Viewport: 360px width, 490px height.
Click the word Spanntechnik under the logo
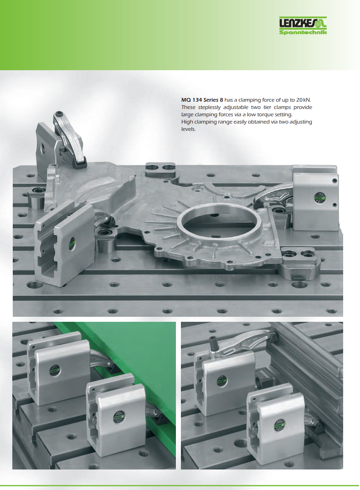coord(303,32)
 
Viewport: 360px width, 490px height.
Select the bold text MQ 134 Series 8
coord(202,100)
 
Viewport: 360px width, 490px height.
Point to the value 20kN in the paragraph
coord(303,100)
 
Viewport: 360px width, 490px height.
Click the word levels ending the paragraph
coord(189,129)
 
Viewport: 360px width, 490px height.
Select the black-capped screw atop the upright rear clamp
coord(58,114)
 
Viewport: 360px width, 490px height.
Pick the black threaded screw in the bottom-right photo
coord(214,343)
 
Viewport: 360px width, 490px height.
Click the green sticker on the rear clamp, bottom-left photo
coord(55,371)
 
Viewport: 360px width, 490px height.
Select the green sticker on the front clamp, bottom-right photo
coord(279,425)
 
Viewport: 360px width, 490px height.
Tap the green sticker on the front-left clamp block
coord(72,243)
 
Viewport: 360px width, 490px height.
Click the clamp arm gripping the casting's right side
coord(273,194)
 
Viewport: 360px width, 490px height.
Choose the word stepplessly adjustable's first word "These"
coord(188,107)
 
